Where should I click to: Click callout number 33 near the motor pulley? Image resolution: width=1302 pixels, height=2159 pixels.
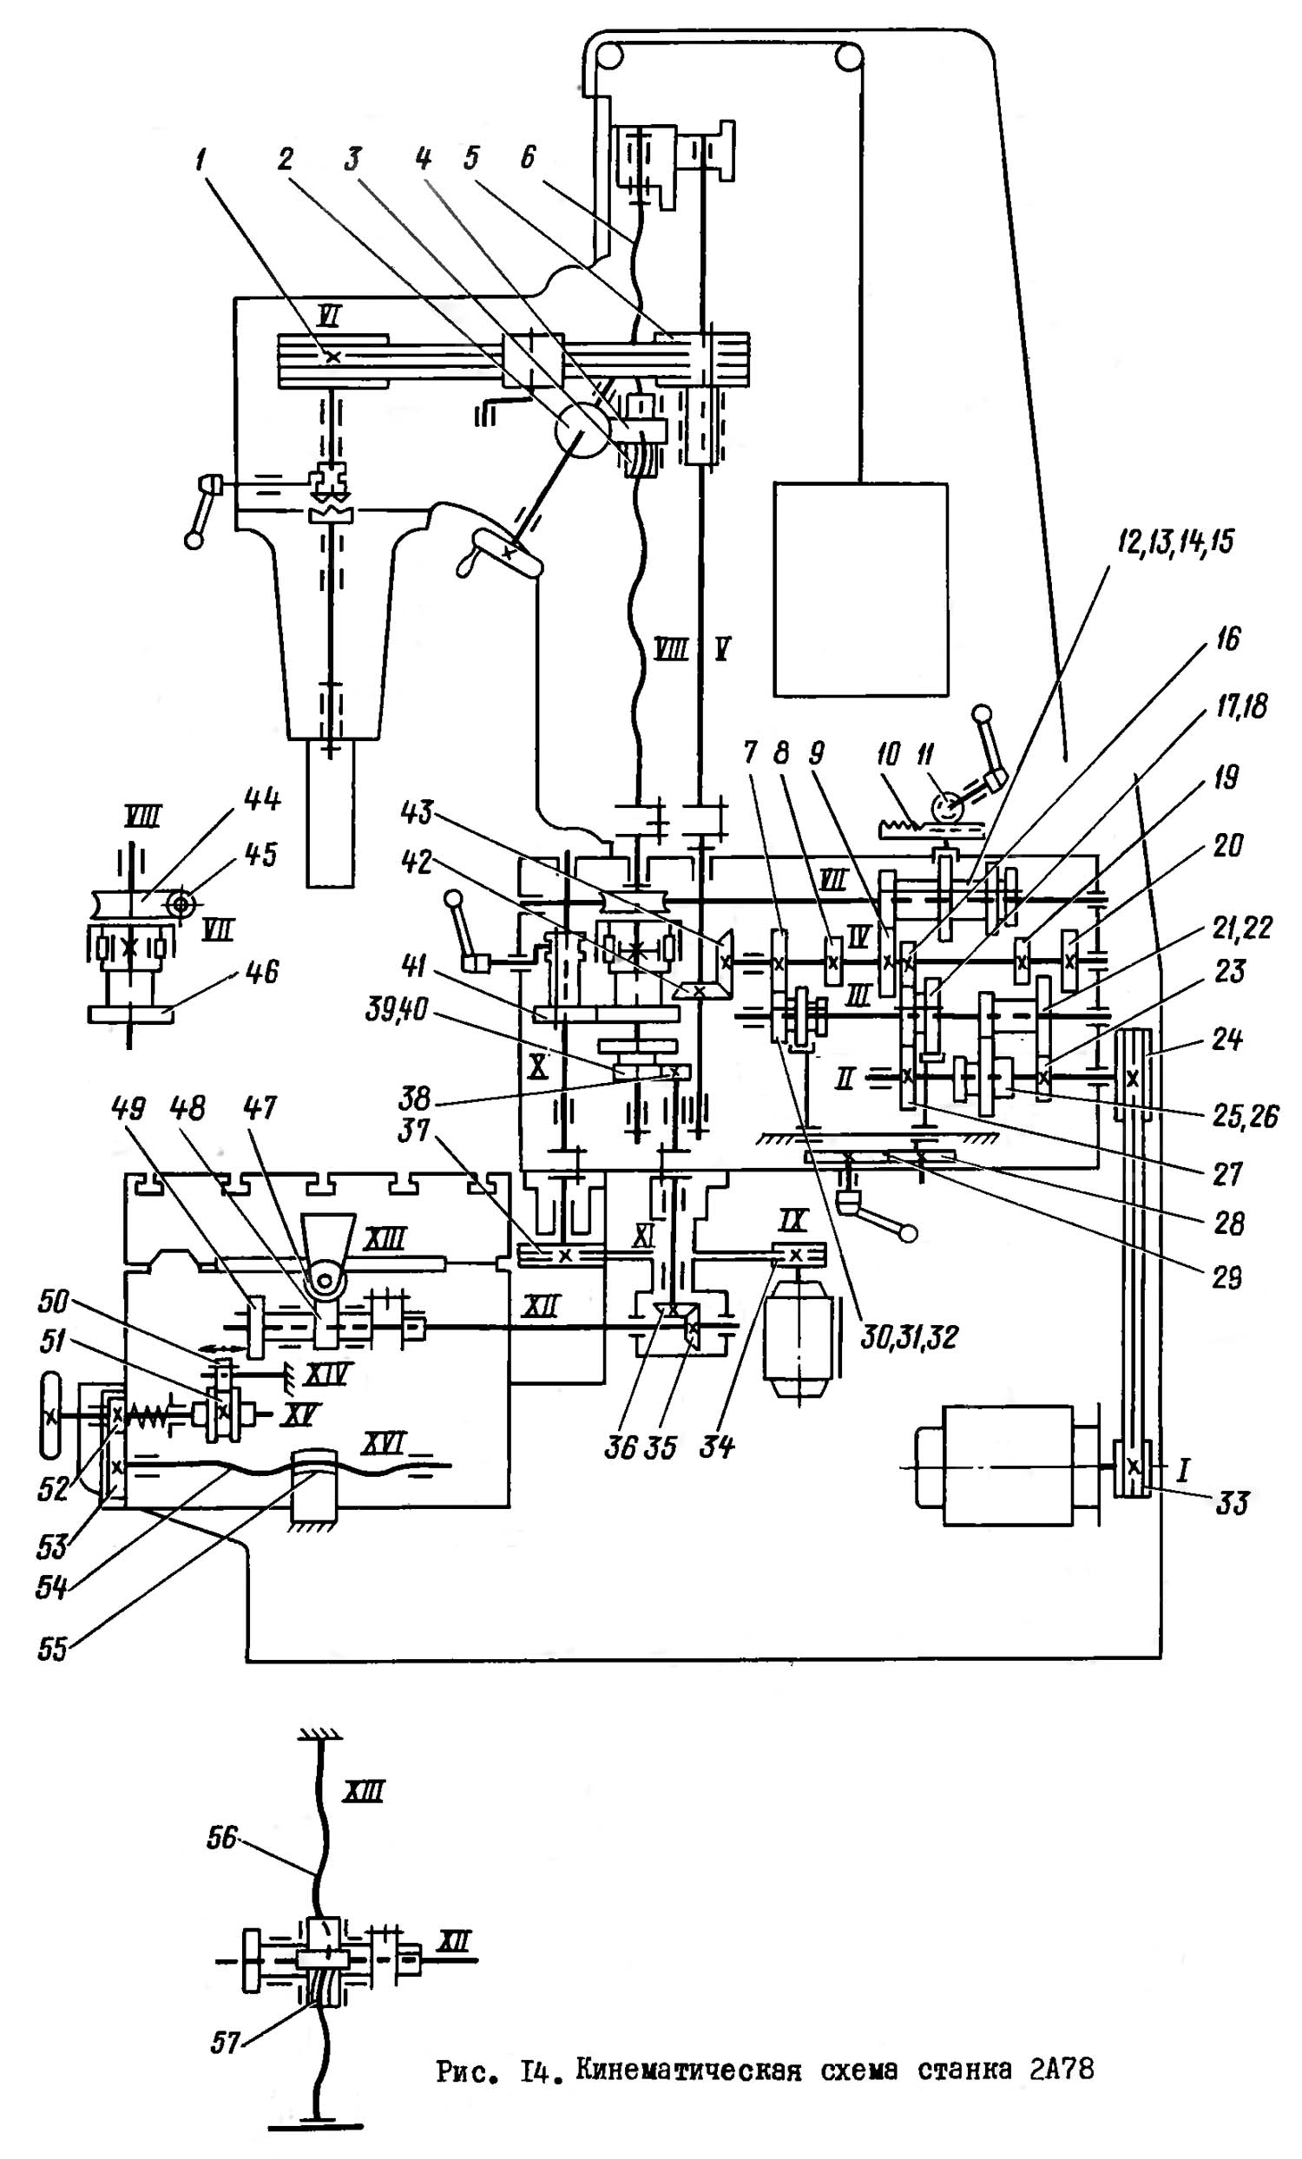click(x=1231, y=1505)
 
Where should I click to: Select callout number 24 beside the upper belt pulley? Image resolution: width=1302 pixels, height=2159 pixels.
click(x=1230, y=1040)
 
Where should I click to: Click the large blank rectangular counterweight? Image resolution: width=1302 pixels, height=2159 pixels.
click(x=859, y=590)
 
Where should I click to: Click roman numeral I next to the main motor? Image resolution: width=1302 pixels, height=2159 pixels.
click(x=1183, y=1469)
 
